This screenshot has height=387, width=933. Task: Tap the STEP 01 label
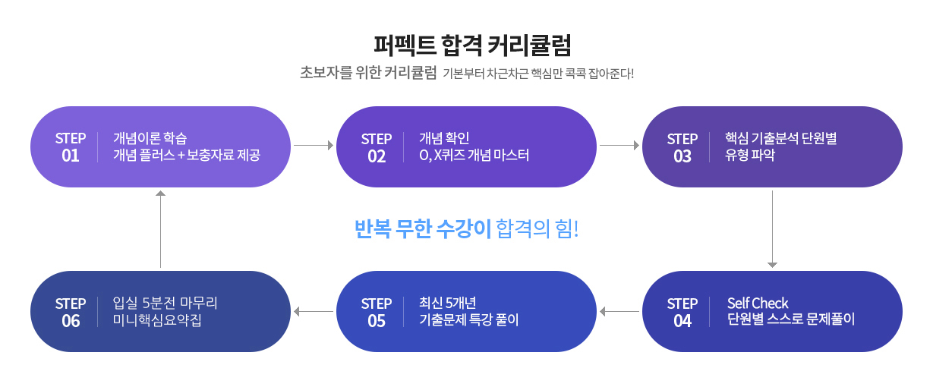(x=71, y=147)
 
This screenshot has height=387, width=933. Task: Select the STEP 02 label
(x=377, y=147)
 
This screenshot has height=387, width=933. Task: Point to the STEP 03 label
(x=682, y=147)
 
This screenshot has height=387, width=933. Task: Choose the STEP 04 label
(x=682, y=312)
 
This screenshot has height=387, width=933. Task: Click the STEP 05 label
(x=377, y=312)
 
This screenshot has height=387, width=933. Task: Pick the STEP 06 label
(x=71, y=312)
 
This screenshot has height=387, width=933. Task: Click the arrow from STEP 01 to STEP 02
(x=314, y=144)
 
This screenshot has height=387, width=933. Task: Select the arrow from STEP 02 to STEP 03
(x=619, y=144)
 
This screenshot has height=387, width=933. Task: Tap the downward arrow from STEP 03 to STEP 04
(x=772, y=228)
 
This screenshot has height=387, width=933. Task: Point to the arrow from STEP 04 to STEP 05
(x=619, y=311)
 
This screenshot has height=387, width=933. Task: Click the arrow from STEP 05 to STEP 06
(x=314, y=311)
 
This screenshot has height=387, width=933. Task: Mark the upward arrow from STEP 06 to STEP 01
(x=160, y=228)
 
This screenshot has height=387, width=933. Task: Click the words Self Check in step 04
(x=758, y=303)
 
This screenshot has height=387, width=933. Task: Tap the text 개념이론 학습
(x=150, y=138)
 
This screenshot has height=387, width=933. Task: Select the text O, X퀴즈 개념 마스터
(x=474, y=156)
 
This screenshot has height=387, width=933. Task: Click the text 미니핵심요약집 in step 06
(x=157, y=319)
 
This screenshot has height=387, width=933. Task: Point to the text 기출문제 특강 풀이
(x=469, y=319)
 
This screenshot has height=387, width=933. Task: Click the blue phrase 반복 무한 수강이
(x=423, y=228)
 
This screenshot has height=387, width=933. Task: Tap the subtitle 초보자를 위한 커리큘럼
(x=368, y=73)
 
